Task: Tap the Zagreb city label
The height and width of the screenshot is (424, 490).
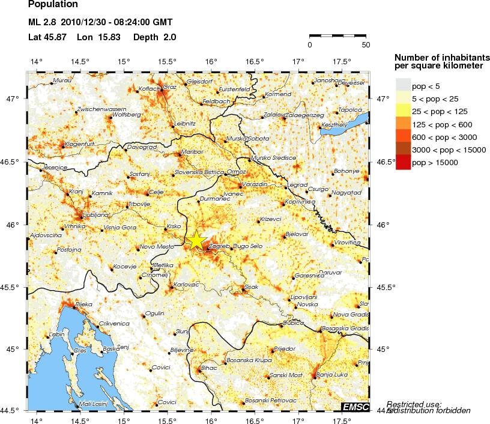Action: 220,246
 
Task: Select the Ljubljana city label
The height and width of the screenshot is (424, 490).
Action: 79,214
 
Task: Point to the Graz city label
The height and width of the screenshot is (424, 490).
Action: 170,86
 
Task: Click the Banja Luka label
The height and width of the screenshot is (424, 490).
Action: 331,375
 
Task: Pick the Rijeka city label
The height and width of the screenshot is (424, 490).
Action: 83,304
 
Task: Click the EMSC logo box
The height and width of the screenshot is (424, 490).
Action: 355,407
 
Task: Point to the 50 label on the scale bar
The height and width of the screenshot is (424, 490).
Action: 366,44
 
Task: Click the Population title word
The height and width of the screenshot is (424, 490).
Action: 53,5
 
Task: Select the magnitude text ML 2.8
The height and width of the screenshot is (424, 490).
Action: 43,23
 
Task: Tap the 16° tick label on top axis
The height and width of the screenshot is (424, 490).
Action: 211,61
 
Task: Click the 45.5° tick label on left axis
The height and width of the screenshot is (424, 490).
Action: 13,287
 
